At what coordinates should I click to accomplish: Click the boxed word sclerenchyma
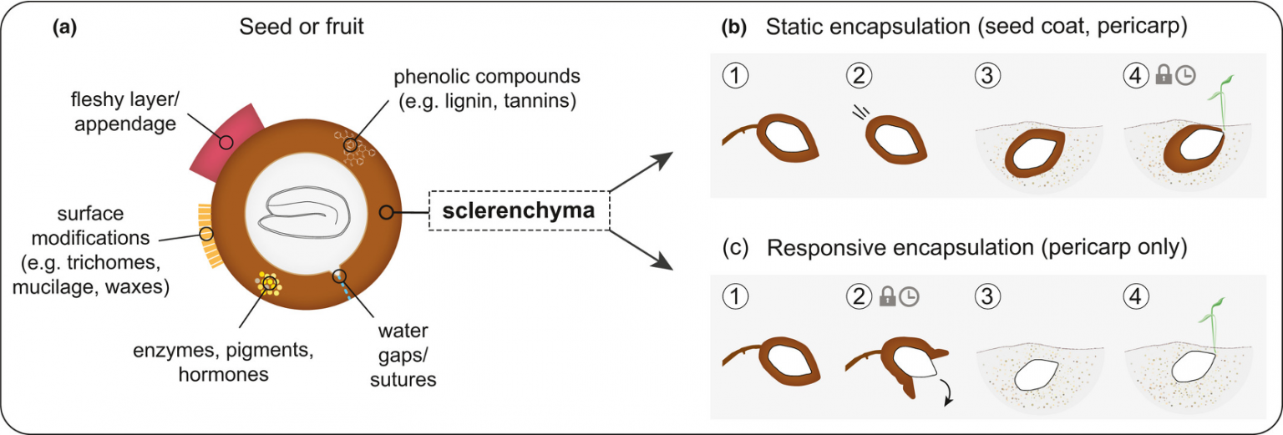click(519, 211)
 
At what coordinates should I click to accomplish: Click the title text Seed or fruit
click(302, 27)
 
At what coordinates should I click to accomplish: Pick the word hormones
click(223, 375)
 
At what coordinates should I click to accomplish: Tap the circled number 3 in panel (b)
click(985, 76)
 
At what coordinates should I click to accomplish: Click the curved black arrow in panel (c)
click(949, 392)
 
